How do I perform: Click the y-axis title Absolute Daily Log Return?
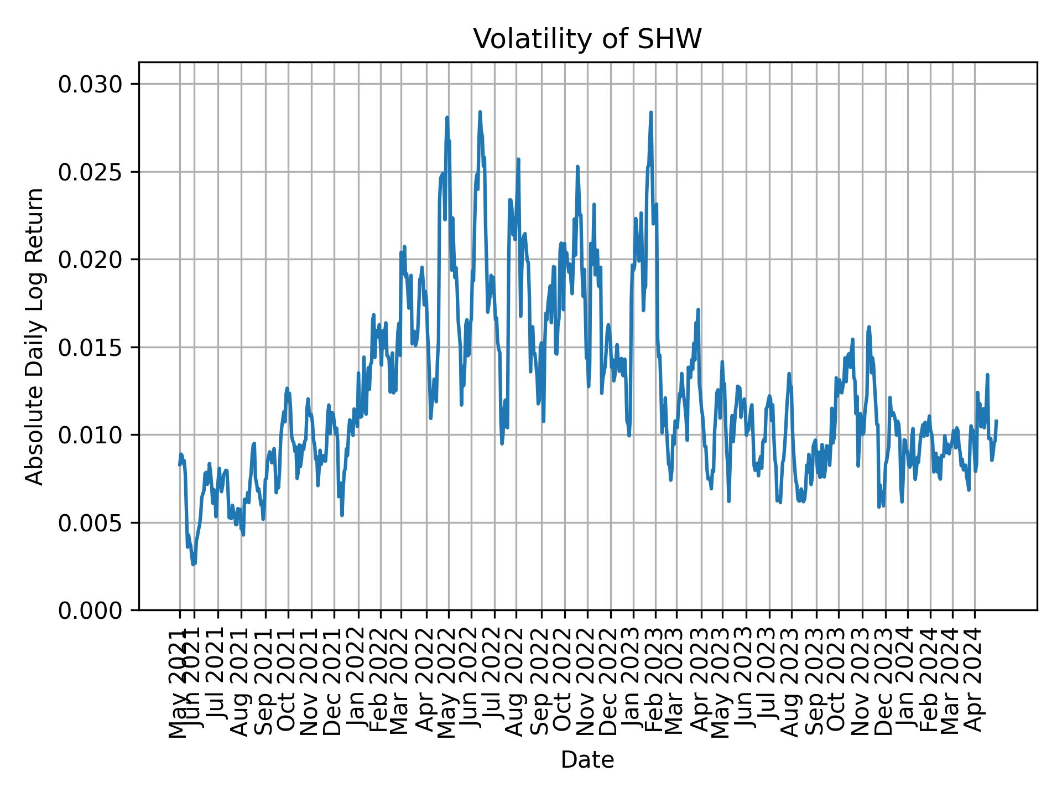tap(35, 336)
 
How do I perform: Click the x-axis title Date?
tap(587, 760)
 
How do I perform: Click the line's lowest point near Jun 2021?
tap(193, 565)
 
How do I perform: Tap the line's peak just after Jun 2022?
tap(480, 112)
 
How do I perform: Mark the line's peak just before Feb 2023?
tap(651, 112)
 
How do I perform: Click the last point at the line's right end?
tap(996, 421)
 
